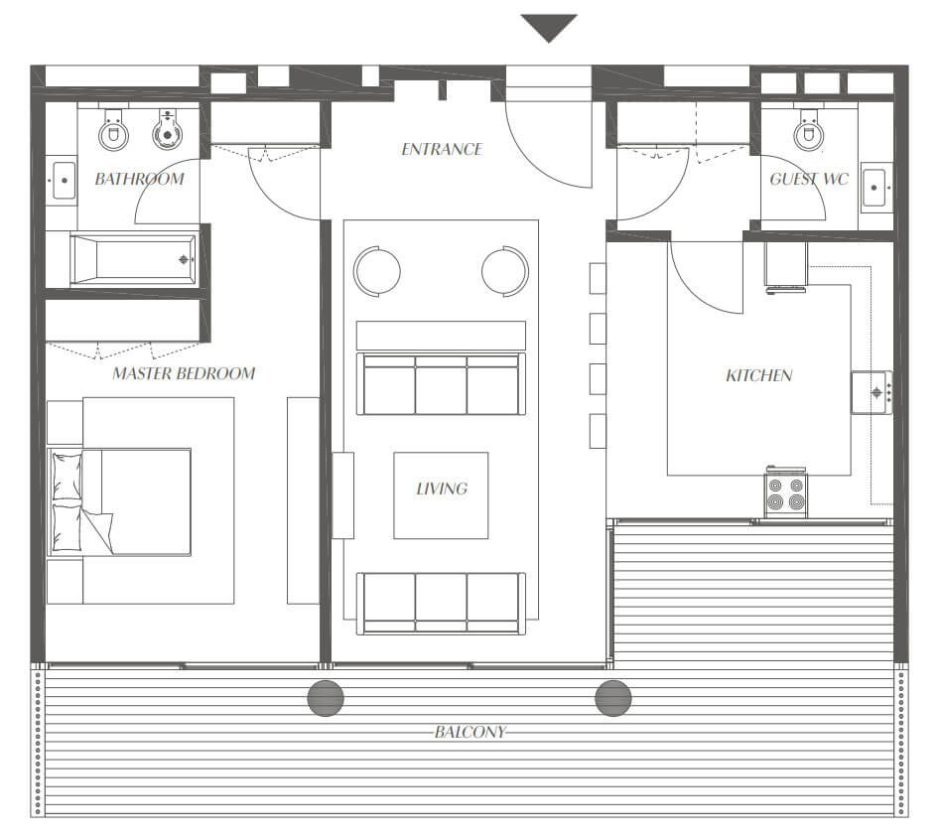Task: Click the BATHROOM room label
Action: [x=139, y=179]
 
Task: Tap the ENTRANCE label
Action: [x=442, y=149]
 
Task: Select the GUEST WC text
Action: [x=809, y=179]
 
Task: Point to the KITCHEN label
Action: [x=759, y=376]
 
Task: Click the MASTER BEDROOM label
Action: [x=184, y=373]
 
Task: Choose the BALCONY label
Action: [x=470, y=732]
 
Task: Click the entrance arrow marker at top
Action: [x=549, y=28]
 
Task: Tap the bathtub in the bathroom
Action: [x=134, y=259]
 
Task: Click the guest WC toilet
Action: [x=809, y=130]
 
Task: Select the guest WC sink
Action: [x=874, y=188]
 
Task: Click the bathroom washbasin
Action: [x=65, y=180]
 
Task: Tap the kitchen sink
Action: [x=873, y=393]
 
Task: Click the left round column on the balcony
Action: [x=326, y=698]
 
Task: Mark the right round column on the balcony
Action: [x=613, y=698]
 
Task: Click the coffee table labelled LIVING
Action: [x=441, y=495]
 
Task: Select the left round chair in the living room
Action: [x=376, y=271]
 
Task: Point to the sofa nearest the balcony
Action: [x=442, y=603]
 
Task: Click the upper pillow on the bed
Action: [x=67, y=477]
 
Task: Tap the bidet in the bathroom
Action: [x=167, y=130]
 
